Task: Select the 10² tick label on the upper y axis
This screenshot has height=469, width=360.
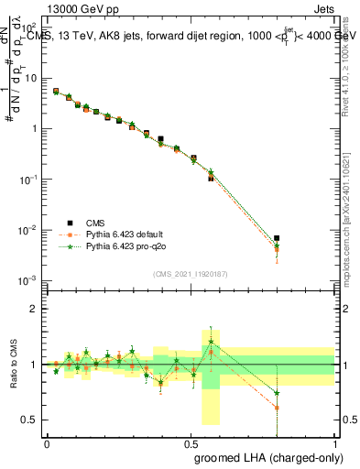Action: [29, 27]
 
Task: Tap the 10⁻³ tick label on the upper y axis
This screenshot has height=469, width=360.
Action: [28, 279]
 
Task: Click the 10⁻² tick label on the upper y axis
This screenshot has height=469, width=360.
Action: [28, 229]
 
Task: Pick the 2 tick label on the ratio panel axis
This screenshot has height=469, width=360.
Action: [34, 310]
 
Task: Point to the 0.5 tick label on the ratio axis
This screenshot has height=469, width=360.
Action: [31, 420]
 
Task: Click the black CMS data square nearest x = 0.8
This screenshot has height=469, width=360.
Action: [277, 238]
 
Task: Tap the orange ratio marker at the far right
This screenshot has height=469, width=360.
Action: [277, 408]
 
